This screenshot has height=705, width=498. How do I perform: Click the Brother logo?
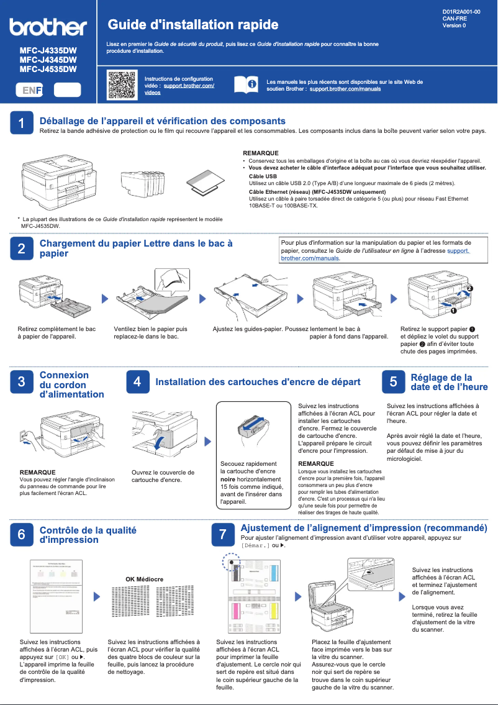pos(48,27)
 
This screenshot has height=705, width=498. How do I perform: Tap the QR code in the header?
pos(122,85)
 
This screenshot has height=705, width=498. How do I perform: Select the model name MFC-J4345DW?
pos(48,60)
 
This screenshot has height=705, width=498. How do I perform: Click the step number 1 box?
pos(22,124)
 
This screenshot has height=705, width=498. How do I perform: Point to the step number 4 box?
pos(137,382)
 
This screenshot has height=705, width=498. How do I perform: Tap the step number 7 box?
pos(223,534)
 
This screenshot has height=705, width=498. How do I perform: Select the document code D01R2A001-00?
pos(461,12)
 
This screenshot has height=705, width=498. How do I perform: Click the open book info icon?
pos(245,85)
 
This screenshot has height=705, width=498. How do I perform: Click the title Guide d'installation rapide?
pos(192,25)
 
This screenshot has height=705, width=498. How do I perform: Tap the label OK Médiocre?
pos(144,579)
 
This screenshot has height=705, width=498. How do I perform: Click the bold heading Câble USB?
pos(263,176)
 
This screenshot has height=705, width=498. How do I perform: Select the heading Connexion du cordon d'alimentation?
pos(71,384)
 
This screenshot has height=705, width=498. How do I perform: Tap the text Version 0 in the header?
pos(454,25)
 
